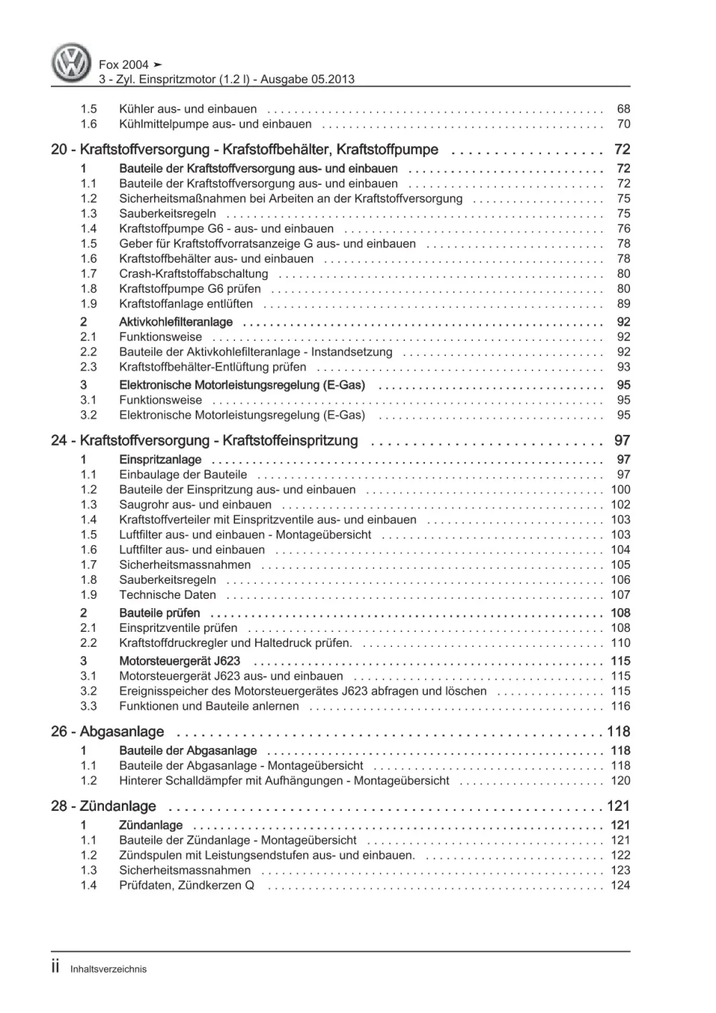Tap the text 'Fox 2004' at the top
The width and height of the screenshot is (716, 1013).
click(x=124, y=64)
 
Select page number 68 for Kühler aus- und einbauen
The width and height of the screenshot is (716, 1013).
click(x=623, y=109)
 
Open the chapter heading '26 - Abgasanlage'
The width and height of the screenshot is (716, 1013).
click(x=108, y=731)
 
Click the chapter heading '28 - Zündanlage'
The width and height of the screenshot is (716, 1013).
click(x=103, y=806)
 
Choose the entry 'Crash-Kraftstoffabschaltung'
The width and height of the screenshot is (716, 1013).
click(x=194, y=274)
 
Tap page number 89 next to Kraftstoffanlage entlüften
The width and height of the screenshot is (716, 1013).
click(x=623, y=304)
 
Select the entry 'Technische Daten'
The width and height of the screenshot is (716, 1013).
click(x=167, y=595)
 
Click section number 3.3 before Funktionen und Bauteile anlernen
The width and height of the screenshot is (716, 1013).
click(x=88, y=706)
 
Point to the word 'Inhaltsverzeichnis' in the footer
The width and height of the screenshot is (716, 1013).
click(x=108, y=969)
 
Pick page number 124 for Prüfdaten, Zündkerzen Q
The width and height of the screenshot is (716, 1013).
click(x=620, y=885)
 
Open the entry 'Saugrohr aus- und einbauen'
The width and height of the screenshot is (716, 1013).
click(x=195, y=504)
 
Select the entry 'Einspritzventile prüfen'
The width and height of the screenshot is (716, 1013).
click(x=178, y=628)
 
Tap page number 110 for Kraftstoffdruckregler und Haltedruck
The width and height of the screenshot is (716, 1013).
click(x=620, y=643)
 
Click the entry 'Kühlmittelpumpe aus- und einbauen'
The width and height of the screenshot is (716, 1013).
click(x=215, y=124)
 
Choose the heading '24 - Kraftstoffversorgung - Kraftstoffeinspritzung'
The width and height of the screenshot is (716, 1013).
click(x=204, y=441)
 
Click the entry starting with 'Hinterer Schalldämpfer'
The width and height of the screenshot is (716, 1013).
click(x=284, y=780)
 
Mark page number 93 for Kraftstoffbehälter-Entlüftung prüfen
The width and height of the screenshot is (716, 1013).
click(x=623, y=367)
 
